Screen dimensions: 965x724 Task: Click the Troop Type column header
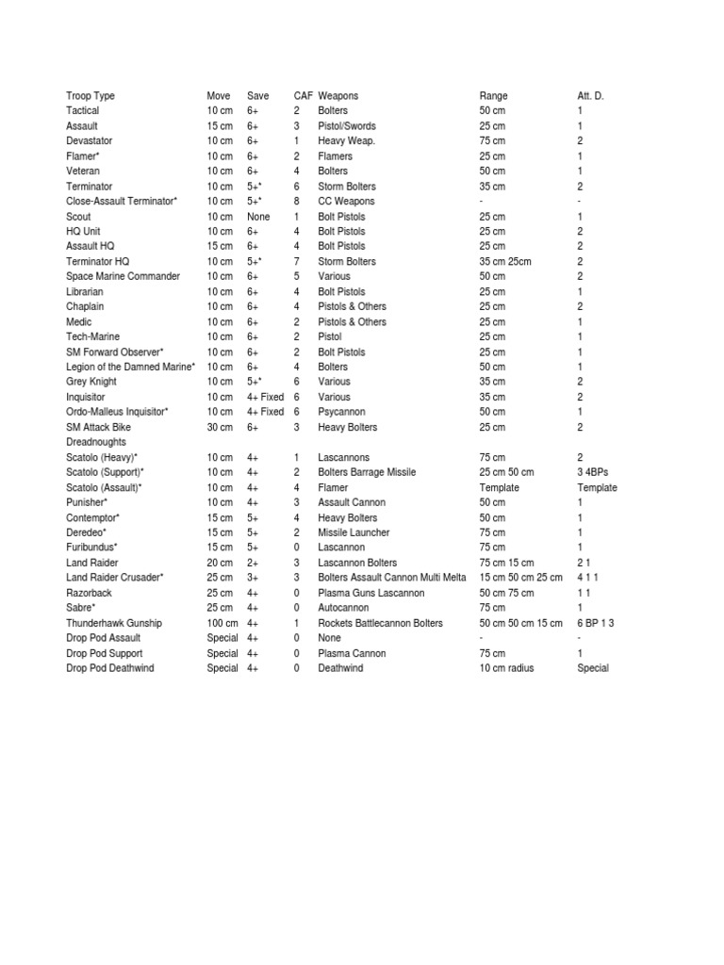pyautogui.click(x=90, y=96)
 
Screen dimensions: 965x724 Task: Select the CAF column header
pyautogui.click(x=303, y=96)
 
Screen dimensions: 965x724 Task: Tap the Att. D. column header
pyautogui.click(x=591, y=96)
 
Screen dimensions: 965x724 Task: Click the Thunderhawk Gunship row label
pyautogui.click(x=114, y=623)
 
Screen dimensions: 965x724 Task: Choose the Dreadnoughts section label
pyautogui.click(x=96, y=442)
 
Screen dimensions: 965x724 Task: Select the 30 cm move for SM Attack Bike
pyautogui.click(x=220, y=428)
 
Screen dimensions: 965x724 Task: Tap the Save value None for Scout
pyautogui.click(x=258, y=217)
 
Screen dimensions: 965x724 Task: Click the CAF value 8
pyautogui.click(x=296, y=202)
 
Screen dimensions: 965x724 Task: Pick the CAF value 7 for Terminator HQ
pyautogui.click(x=296, y=262)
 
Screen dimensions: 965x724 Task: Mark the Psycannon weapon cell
pyautogui.click(x=341, y=412)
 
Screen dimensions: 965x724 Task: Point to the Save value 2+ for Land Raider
pyautogui.click(x=253, y=563)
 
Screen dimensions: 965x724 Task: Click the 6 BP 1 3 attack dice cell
pyautogui.click(x=596, y=623)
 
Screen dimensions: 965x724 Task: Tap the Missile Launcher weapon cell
pyautogui.click(x=354, y=532)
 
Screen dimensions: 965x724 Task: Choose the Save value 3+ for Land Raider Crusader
pyautogui.click(x=253, y=578)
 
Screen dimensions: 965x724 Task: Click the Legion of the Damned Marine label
pyautogui.click(x=131, y=367)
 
